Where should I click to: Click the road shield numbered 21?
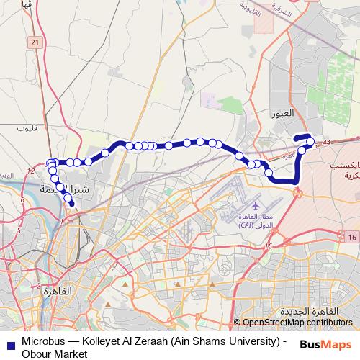[35, 44]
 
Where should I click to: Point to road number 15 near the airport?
[268, 247]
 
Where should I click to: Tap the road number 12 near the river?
[30, 171]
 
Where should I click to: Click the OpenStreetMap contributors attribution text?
[297, 323]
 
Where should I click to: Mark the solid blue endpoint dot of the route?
[71, 204]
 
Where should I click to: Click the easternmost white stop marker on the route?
[310, 142]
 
